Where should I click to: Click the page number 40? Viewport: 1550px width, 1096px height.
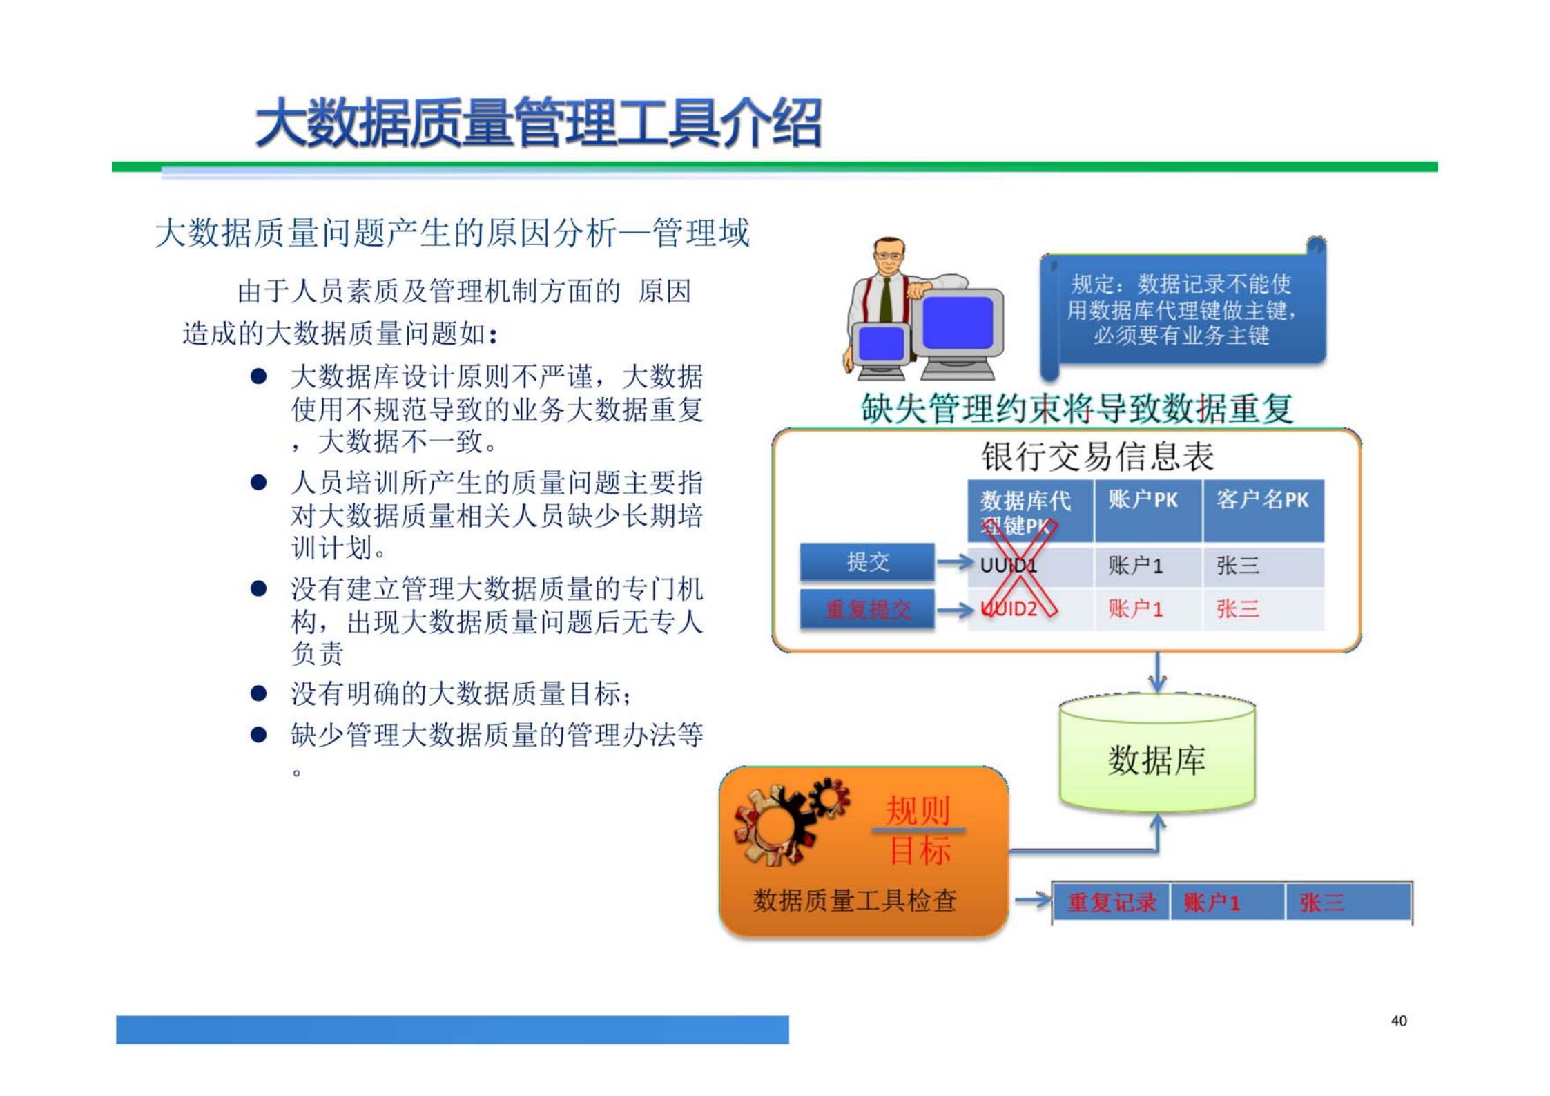1398,1020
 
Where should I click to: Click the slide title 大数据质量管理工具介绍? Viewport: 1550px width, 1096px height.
538,123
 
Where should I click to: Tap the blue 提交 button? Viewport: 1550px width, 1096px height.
867,561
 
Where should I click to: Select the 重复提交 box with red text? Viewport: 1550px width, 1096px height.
867,609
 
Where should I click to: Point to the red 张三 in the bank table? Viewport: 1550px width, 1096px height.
1237,608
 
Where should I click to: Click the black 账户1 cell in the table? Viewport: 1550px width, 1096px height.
1136,566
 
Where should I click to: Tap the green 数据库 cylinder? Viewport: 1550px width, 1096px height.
1156,760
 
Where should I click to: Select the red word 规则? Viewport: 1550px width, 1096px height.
918,809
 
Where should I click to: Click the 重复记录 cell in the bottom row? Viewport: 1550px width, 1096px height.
1111,902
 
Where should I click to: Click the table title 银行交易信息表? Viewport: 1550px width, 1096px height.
1097,456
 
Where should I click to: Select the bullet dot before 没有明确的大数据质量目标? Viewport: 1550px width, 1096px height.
259,693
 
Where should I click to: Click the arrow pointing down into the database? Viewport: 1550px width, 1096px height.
1158,673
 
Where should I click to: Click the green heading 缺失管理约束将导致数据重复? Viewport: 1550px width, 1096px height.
1076,408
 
